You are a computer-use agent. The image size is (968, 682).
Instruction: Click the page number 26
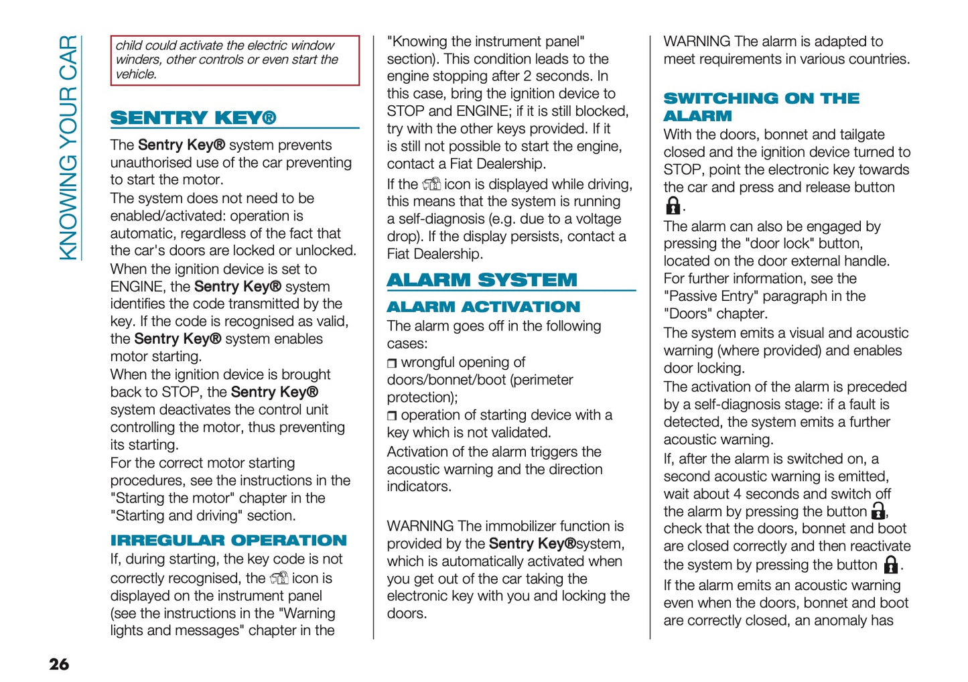pos(59,664)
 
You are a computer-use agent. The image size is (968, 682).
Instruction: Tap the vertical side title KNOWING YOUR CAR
pos(68,147)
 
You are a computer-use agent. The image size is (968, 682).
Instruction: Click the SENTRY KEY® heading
pos(193,118)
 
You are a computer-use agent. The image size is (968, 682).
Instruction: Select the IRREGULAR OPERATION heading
pos(228,540)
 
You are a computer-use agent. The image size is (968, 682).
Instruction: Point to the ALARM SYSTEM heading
pos(482,280)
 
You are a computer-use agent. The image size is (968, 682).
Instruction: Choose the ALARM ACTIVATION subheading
pos(483,307)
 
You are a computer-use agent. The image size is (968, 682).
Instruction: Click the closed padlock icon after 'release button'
pos(673,205)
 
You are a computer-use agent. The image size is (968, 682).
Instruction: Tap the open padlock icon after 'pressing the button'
pos(878,512)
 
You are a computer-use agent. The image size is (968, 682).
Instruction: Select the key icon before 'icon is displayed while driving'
pos(431,184)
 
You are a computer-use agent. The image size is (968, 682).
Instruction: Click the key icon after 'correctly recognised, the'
pos(279,578)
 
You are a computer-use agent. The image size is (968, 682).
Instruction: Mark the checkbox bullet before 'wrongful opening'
pos(392,363)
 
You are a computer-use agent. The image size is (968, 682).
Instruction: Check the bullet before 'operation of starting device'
pos(392,416)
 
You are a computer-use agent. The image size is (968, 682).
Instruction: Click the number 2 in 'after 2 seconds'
pos(528,76)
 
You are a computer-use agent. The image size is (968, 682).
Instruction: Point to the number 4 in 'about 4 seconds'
pos(737,494)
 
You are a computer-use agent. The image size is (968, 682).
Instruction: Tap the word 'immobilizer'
pos(521,526)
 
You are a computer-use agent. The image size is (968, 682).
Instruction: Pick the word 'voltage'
pos(599,219)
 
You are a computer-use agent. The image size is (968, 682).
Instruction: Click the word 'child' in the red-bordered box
pos(128,46)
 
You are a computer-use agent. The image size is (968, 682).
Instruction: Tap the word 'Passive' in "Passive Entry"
pos(691,296)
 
